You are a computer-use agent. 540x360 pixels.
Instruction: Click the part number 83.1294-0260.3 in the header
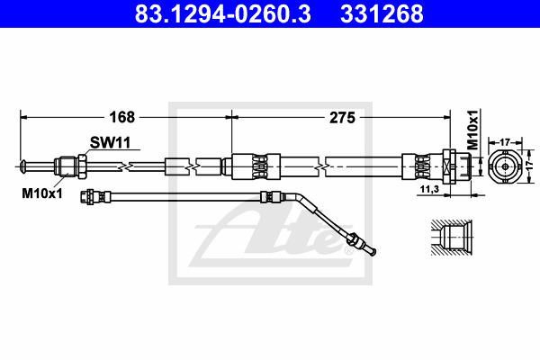point(222,13)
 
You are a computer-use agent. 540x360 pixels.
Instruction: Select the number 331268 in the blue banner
point(382,13)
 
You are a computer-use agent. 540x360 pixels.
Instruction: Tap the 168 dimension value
point(121,118)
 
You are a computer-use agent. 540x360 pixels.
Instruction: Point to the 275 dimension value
point(342,118)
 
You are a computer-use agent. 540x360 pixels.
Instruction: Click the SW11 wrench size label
point(110,142)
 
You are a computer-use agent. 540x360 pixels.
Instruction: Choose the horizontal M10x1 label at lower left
point(42,193)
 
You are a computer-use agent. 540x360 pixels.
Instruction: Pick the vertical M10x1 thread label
point(473,130)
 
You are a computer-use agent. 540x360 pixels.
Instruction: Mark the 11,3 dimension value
point(429,189)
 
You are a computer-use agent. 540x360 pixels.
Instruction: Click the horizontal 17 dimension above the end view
point(505,142)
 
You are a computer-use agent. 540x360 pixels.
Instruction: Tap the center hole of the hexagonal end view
point(505,166)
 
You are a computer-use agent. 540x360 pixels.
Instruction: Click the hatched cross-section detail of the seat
point(451,238)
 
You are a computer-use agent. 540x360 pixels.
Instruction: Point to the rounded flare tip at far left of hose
point(23,166)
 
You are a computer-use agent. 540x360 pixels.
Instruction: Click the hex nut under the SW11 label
point(82,166)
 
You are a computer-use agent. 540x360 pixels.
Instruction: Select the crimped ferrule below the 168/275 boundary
point(256,166)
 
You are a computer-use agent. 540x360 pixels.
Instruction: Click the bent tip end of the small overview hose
point(373,252)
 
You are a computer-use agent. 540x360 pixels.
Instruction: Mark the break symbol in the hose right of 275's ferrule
point(320,167)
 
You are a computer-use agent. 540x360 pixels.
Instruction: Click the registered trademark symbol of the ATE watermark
point(348,250)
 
